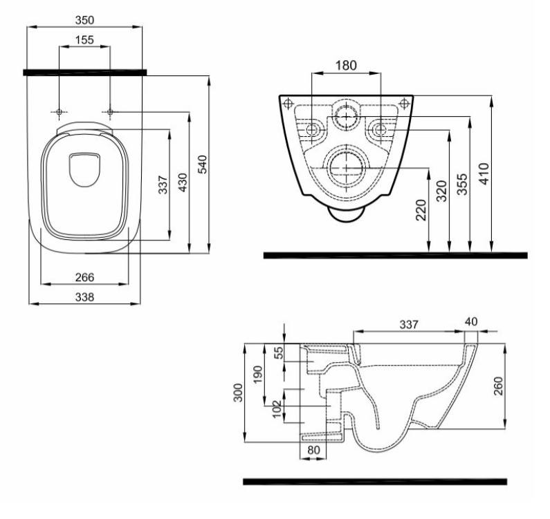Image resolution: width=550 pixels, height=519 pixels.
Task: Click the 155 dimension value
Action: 84,40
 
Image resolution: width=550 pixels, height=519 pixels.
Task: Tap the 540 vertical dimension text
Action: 203,164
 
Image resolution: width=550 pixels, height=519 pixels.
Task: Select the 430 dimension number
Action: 183,181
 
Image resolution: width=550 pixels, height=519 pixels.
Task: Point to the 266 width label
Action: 84,276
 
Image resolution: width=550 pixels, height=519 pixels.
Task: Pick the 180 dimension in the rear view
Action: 346,66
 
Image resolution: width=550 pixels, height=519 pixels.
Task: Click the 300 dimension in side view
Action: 237,394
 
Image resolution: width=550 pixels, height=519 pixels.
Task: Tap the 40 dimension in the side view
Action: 472,321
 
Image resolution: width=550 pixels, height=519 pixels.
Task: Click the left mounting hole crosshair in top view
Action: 59,112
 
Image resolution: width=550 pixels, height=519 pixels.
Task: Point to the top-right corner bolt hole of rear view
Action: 405,104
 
